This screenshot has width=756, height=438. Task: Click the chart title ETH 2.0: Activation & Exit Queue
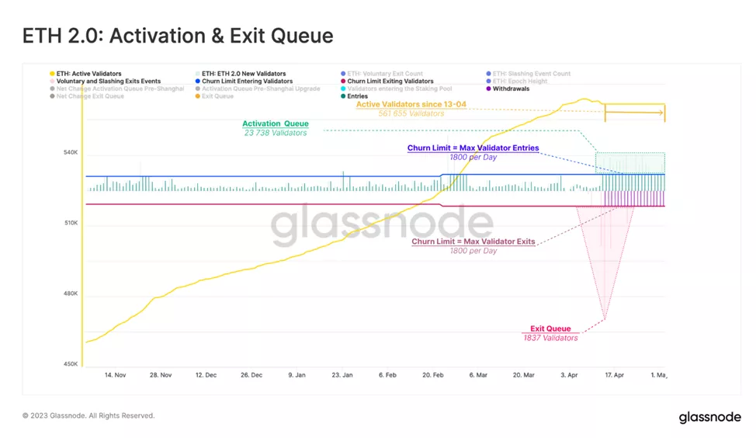pos(178,36)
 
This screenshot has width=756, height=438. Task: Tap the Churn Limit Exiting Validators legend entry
pos(390,82)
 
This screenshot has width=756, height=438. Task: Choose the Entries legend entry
pos(357,96)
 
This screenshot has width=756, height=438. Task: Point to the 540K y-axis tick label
pos(71,152)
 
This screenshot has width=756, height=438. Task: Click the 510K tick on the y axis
pos(71,224)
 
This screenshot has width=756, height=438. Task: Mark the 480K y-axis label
pos(71,294)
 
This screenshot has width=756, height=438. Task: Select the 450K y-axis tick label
pos(71,364)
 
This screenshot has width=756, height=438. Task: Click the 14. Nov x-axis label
pos(115,375)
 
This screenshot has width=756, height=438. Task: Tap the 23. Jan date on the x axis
pos(342,375)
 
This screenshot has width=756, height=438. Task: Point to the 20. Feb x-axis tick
pos(433,375)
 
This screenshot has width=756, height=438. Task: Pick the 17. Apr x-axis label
pos(614,375)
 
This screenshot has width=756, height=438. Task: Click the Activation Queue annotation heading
pos(276,123)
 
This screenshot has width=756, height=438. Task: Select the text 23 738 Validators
pos(276,133)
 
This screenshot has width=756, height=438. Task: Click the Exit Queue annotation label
pos(550,328)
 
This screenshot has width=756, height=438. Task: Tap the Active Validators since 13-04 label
pos(411,104)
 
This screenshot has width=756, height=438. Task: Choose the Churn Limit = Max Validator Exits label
pos(473,242)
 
